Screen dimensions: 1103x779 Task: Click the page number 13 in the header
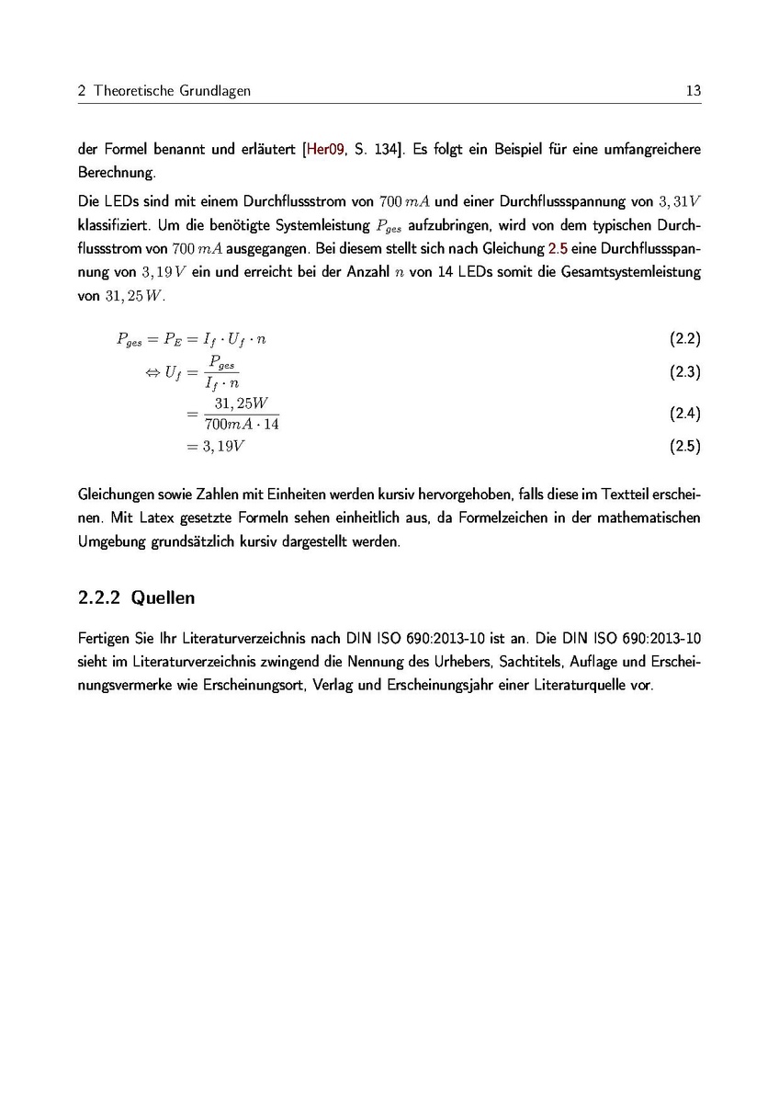(x=693, y=91)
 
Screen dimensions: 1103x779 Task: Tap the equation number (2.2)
(x=685, y=339)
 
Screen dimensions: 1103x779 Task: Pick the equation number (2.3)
(x=685, y=372)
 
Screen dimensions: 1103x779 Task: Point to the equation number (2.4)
(x=685, y=414)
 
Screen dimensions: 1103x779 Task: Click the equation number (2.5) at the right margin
(x=685, y=448)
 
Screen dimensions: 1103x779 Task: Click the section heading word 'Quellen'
(x=164, y=598)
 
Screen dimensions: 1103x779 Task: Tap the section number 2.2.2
(x=100, y=598)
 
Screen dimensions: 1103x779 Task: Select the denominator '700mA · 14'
(x=242, y=424)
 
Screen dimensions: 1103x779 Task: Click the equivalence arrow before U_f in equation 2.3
(x=152, y=372)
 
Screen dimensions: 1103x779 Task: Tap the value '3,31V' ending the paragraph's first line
(x=682, y=200)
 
